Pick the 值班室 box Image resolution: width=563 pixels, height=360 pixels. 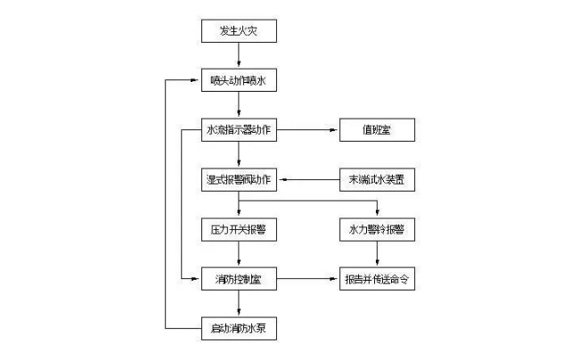377,131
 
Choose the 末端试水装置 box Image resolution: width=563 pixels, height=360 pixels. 377,180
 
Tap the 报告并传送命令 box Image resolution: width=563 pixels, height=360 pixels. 377,280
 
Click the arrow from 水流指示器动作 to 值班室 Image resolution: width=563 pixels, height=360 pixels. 306,131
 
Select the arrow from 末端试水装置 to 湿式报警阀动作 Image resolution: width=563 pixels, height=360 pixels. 306,180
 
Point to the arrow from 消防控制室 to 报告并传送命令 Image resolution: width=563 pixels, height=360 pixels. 306,280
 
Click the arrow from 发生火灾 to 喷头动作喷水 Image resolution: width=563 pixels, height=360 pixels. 238,56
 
